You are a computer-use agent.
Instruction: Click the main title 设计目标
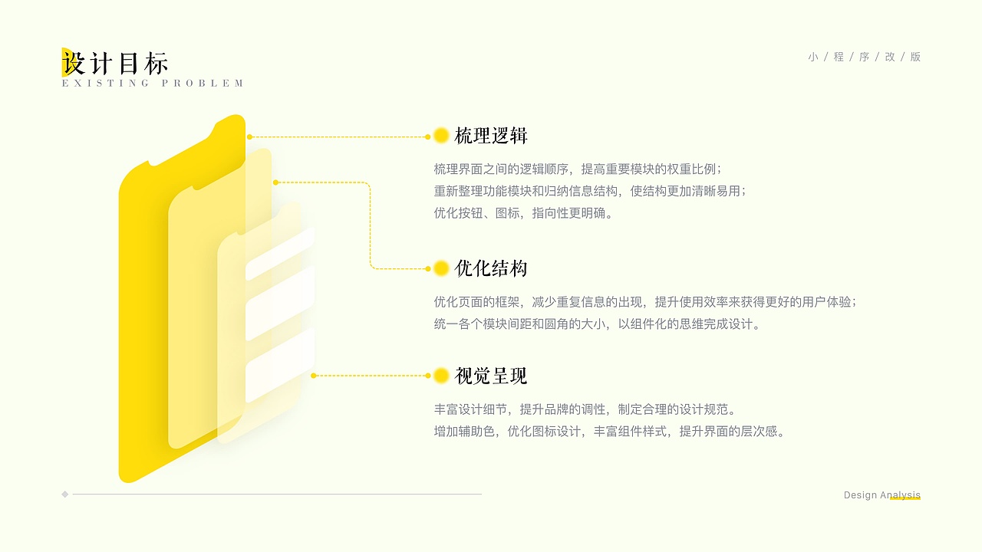pos(115,63)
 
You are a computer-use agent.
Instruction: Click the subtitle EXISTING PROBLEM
pos(153,84)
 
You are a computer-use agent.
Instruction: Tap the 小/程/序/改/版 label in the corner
pos(864,57)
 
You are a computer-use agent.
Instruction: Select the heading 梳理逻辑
pos(491,136)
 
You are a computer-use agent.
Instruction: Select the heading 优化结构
pos(491,268)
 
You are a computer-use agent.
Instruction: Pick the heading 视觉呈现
pos(491,376)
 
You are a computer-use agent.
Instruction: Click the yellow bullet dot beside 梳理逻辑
pos(441,136)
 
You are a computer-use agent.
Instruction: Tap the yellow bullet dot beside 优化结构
pos(441,268)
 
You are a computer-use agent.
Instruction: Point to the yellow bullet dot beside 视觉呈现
pos(441,376)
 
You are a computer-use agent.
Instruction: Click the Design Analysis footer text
pos(881,495)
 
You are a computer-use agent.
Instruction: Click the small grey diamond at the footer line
pos(65,495)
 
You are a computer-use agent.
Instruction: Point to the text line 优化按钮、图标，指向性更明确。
pos(525,213)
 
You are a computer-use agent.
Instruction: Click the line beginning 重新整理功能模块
pos(589,191)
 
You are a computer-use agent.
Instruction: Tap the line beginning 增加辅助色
pos(611,431)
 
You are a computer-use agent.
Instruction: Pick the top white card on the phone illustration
pos(279,254)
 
